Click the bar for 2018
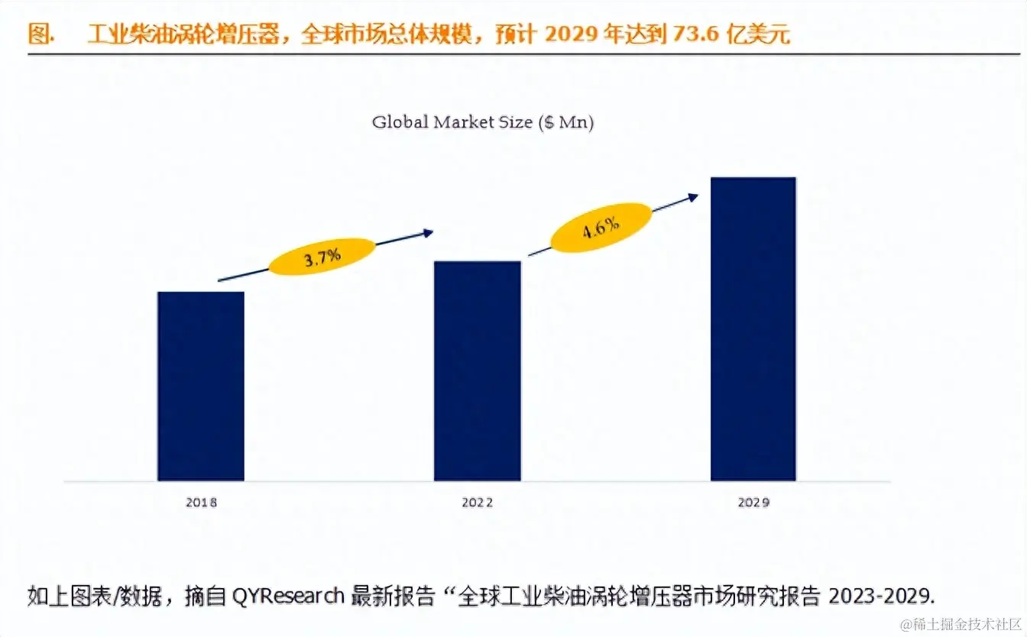(x=201, y=386)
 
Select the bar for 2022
(x=478, y=370)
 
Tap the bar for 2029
(x=753, y=328)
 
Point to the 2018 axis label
(x=201, y=503)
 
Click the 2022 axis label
(x=478, y=503)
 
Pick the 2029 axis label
(x=753, y=503)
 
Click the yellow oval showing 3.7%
(x=322, y=257)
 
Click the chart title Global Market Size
(x=451, y=122)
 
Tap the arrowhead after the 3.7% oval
(x=429, y=232)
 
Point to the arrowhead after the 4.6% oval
(x=693, y=196)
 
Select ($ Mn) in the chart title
(x=566, y=122)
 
